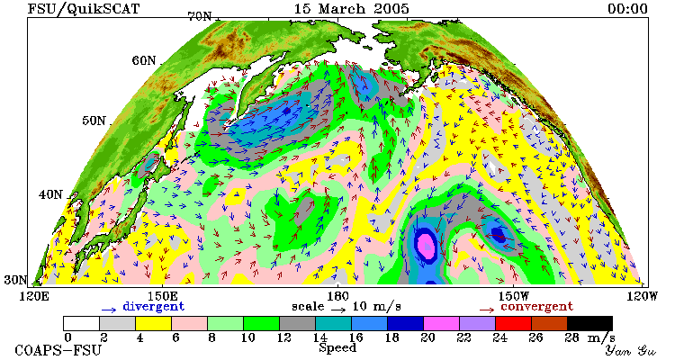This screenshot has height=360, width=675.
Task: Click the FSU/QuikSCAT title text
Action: coord(84,9)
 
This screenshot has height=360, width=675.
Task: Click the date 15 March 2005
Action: coord(351,9)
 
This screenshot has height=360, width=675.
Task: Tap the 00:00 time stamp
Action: coord(627,9)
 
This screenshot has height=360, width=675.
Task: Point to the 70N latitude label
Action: coord(200,17)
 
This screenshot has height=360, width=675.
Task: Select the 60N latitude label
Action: coord(144,60)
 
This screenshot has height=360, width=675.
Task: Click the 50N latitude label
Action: coord(94,121)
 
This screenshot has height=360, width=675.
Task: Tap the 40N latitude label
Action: coord(50,194)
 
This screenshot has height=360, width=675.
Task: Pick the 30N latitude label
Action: coord(15,280)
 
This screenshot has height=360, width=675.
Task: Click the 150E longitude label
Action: coord(163,296)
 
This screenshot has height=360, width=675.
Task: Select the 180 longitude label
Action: coord(337,296)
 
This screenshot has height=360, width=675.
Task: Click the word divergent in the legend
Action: coord(154,307)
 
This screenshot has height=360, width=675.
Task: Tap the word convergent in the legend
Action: coord(536,307)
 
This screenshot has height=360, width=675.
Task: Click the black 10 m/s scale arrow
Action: coord(338,309)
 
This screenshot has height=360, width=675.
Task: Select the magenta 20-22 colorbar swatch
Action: coord(441,323)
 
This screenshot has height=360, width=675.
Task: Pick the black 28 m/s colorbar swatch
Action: coord(589,323)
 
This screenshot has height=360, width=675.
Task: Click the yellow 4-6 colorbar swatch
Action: coord(153,323)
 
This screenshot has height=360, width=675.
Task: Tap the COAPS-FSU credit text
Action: coord(58,350)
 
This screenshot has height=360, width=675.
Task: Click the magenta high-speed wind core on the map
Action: coord(427,244)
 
